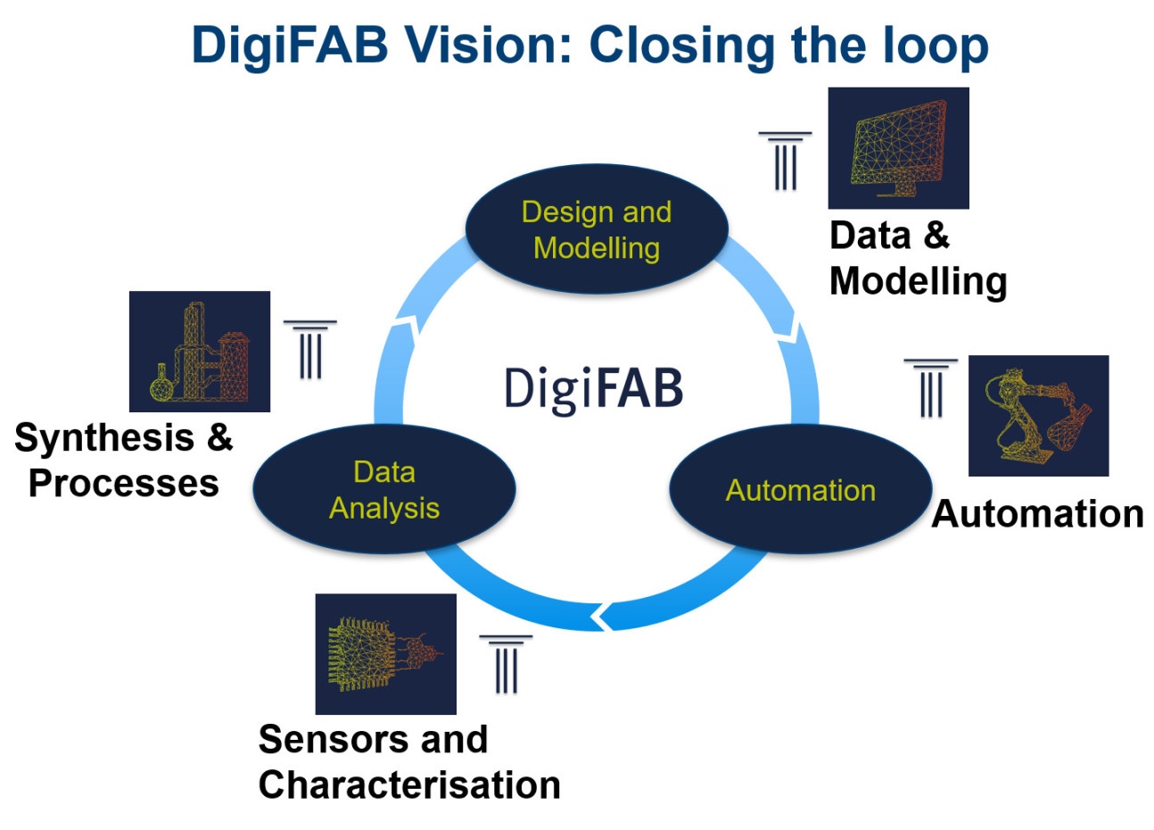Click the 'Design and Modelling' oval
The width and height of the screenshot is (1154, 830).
click(596, 229)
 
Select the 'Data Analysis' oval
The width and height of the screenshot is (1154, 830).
click(384, 489)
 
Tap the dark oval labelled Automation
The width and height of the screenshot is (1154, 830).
click(800, 489)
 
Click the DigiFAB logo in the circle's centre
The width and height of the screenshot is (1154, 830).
click(593, 389)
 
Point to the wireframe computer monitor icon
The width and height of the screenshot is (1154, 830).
click(898, 148)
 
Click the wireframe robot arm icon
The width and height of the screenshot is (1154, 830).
click(1038, 416)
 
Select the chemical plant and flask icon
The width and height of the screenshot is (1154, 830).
click(199, 352)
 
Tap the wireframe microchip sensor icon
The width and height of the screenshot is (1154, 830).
click(385, 654)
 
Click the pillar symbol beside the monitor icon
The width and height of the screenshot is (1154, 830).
click(785, 161)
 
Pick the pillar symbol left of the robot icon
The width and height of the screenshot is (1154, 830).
click(930, 388)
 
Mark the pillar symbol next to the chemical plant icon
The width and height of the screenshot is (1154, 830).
click(309, 349)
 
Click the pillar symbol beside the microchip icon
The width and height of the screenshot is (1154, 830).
click(506, 665)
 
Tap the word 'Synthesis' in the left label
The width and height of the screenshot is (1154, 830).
click(104, 438)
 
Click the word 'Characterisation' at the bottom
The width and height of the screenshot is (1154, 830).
click(409, 785)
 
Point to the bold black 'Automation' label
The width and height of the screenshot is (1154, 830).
click(1037, 514)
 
